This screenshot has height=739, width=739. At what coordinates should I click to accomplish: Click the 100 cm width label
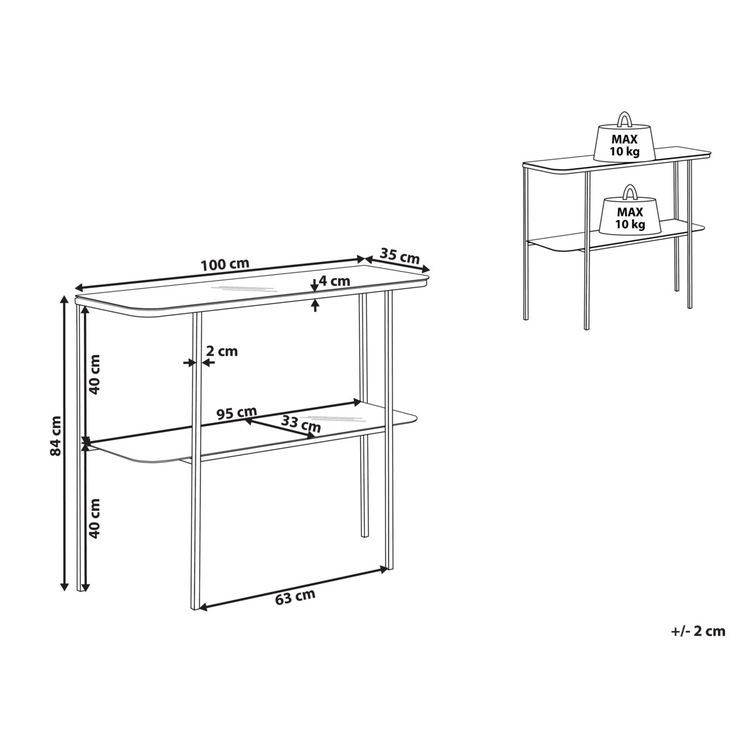click(225, 264)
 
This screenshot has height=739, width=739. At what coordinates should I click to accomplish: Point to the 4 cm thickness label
click(334, 281)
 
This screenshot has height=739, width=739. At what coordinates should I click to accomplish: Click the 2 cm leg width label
click(222, 351)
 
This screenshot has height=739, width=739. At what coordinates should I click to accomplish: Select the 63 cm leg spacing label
click(296, 597)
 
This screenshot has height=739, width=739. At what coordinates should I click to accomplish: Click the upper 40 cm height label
click(94, 374)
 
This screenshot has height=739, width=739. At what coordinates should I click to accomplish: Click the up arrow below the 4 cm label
click(315, 305)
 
